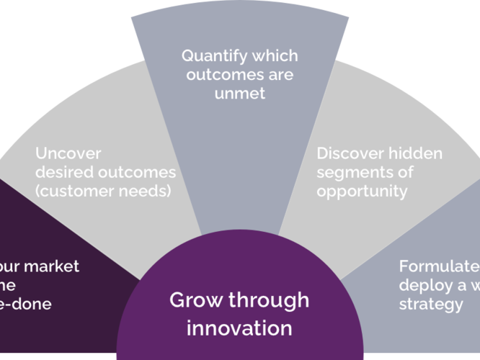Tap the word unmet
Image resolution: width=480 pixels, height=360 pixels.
pos(239,94)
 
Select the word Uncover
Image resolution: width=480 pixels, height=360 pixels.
pos(68,154)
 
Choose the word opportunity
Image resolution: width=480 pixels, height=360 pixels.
pos(362,192)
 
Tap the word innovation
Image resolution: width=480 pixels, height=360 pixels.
pos(239,328)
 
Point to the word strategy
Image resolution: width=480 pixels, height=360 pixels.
pos(431,304)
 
